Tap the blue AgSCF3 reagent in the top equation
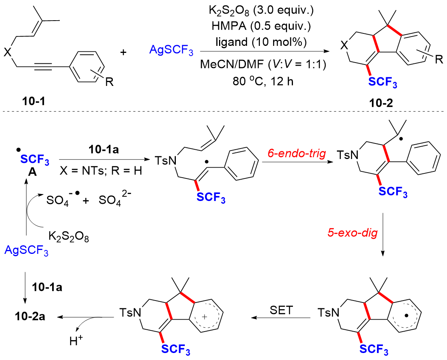point(172,51)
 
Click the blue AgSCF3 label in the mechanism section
point(26,251)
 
